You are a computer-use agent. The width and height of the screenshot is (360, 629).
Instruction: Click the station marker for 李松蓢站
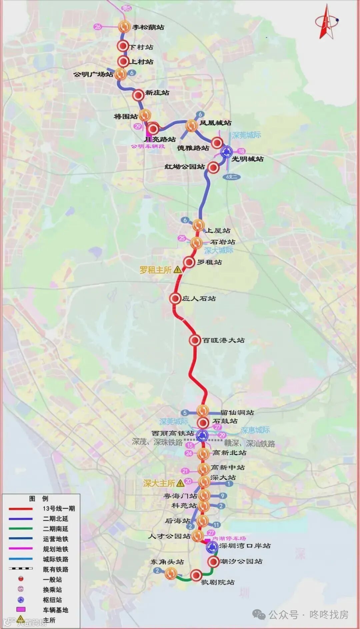pyautogui.click(x=124, y=26)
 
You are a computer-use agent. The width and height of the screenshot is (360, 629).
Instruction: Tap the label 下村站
pyautogui.click(x=141, y=47)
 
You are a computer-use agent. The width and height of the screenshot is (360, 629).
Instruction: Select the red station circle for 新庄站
pyautogui.click(x=138, y=95)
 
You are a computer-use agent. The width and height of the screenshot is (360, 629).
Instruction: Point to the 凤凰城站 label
pyautogui.click(x=215, y=123)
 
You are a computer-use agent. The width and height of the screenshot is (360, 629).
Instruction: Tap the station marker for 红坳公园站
pyautogui.click(x=213, y=167)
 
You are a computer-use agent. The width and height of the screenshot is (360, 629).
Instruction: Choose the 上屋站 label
pyautogui.click(x=218, y=230)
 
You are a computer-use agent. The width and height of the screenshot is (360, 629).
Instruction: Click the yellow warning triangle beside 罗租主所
pyautogui.click(x=178, y=269)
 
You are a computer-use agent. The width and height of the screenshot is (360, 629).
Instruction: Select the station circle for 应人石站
pyautogui.click(x=175, y=298)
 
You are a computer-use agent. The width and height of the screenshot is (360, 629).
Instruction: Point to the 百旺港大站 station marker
pyautogui.click(x=195, y=340)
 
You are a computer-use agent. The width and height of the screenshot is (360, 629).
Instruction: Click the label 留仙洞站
pyautogui.click(x=237, y=413)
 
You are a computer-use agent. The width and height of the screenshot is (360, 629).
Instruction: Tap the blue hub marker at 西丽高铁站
pyautogui.click(x=202, y=435)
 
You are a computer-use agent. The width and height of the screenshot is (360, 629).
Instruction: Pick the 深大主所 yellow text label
pyautogui.click(x=159, y=483)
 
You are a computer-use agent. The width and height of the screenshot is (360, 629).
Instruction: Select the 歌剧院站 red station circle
pyautogui.click(x=196, y=575)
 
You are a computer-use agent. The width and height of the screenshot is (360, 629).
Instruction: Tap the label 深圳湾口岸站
pyautogui.click(x=245, y=546)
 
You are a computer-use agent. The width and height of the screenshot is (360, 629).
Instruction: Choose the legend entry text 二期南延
pyautogui.click(x=55, y=529)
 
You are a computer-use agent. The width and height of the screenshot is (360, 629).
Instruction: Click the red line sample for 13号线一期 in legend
pyautogui.click(x=21, y=509)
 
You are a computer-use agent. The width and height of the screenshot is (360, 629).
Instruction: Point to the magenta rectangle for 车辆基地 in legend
pyautogui.click(x=21, y=609)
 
